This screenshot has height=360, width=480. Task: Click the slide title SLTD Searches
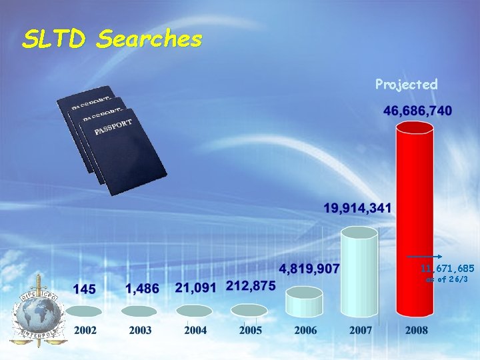click(x=111, y=39)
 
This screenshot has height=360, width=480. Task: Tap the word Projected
click(x=406, y=84)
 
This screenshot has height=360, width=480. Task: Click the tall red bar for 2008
click(x=414, y=220)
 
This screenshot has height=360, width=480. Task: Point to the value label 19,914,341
click(x=359, y=209)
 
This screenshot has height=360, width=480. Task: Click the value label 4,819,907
click(x=309, y=269)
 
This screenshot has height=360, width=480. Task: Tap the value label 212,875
click(x=251, y=285)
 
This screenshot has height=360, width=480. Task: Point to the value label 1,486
click(x=142, y=289)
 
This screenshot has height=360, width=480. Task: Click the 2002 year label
click(x=85, y=331)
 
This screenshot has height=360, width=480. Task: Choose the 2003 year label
click(x=140, y=331)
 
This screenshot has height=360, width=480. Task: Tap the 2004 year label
click(x=195, y=331)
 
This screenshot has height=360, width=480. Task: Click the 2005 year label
click(x=250, y=331)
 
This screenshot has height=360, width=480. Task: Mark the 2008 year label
click(x=416, y=331)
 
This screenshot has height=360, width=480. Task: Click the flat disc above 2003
click(x=140, y=311)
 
